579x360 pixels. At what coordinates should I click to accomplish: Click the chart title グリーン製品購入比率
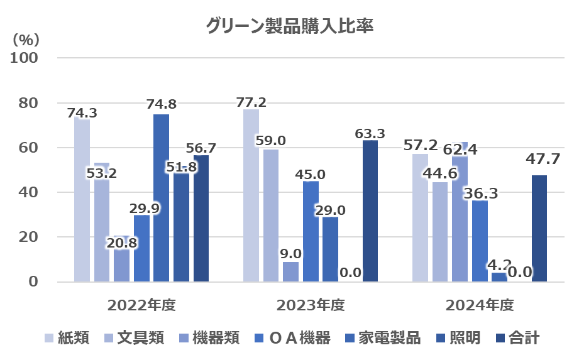[x=289, y=27]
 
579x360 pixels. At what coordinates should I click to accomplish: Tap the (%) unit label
[x=26, y=40]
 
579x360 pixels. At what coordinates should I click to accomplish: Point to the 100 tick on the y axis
[x=26, y=58]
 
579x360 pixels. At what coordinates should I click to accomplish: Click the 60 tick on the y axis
[x=30, y=148]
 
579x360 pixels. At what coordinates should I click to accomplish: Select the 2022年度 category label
[x=141, y=306]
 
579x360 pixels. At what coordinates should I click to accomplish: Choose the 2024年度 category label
[x=479, y=306]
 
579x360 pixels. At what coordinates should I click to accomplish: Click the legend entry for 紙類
[x=67, y=338]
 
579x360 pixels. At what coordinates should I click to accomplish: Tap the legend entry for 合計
[x=518, y=338]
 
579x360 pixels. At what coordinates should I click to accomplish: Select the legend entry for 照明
[x=458, y=338]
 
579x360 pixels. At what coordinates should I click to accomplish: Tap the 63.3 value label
[x=370, y=133]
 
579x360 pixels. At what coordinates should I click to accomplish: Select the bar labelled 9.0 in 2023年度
[x=290, y=271]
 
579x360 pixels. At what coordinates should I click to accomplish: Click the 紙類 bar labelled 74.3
[x=82, y=201]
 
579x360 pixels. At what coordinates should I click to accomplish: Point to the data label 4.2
[x=501, y=265]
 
